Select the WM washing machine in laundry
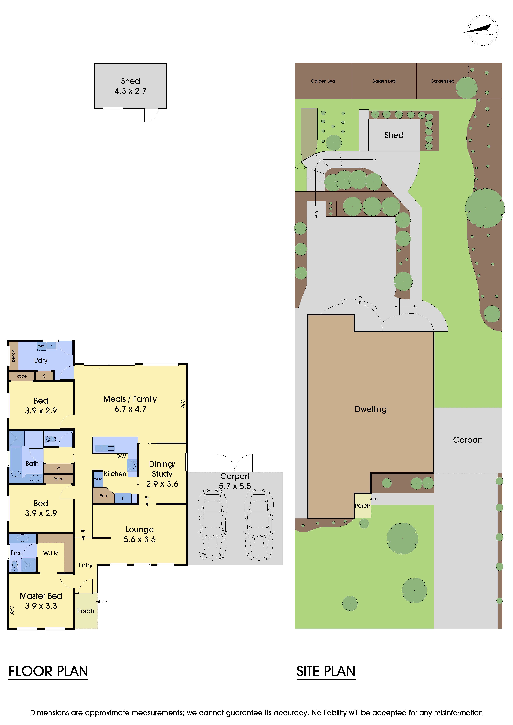(41, 346)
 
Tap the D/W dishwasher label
(121, 456)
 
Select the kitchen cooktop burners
(132, 465)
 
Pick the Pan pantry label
(103, 495)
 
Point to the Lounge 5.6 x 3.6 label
(139, 534)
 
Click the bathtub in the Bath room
(15, 461)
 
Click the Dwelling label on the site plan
(370, 409)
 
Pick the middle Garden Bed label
(383, 81)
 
